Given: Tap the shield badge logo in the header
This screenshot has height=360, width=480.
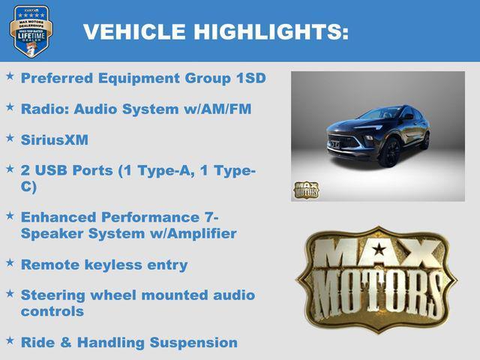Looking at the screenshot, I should [31, 31].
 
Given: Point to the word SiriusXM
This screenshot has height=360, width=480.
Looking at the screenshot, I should [55, 139].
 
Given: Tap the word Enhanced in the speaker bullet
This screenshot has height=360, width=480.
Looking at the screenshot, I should [59, 217].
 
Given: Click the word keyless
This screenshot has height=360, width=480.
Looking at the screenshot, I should [115, 265].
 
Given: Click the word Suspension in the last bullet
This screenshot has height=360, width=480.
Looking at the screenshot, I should [194, 343].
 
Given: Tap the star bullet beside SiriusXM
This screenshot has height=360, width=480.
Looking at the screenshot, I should [10, 138].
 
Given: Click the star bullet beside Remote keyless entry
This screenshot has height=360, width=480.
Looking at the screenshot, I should [10, 263].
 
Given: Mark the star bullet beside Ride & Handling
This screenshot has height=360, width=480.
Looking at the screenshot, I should [10, 341].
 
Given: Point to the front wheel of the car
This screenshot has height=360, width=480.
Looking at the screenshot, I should [389, 152].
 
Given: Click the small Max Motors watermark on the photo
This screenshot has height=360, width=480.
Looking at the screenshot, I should [306, 190].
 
